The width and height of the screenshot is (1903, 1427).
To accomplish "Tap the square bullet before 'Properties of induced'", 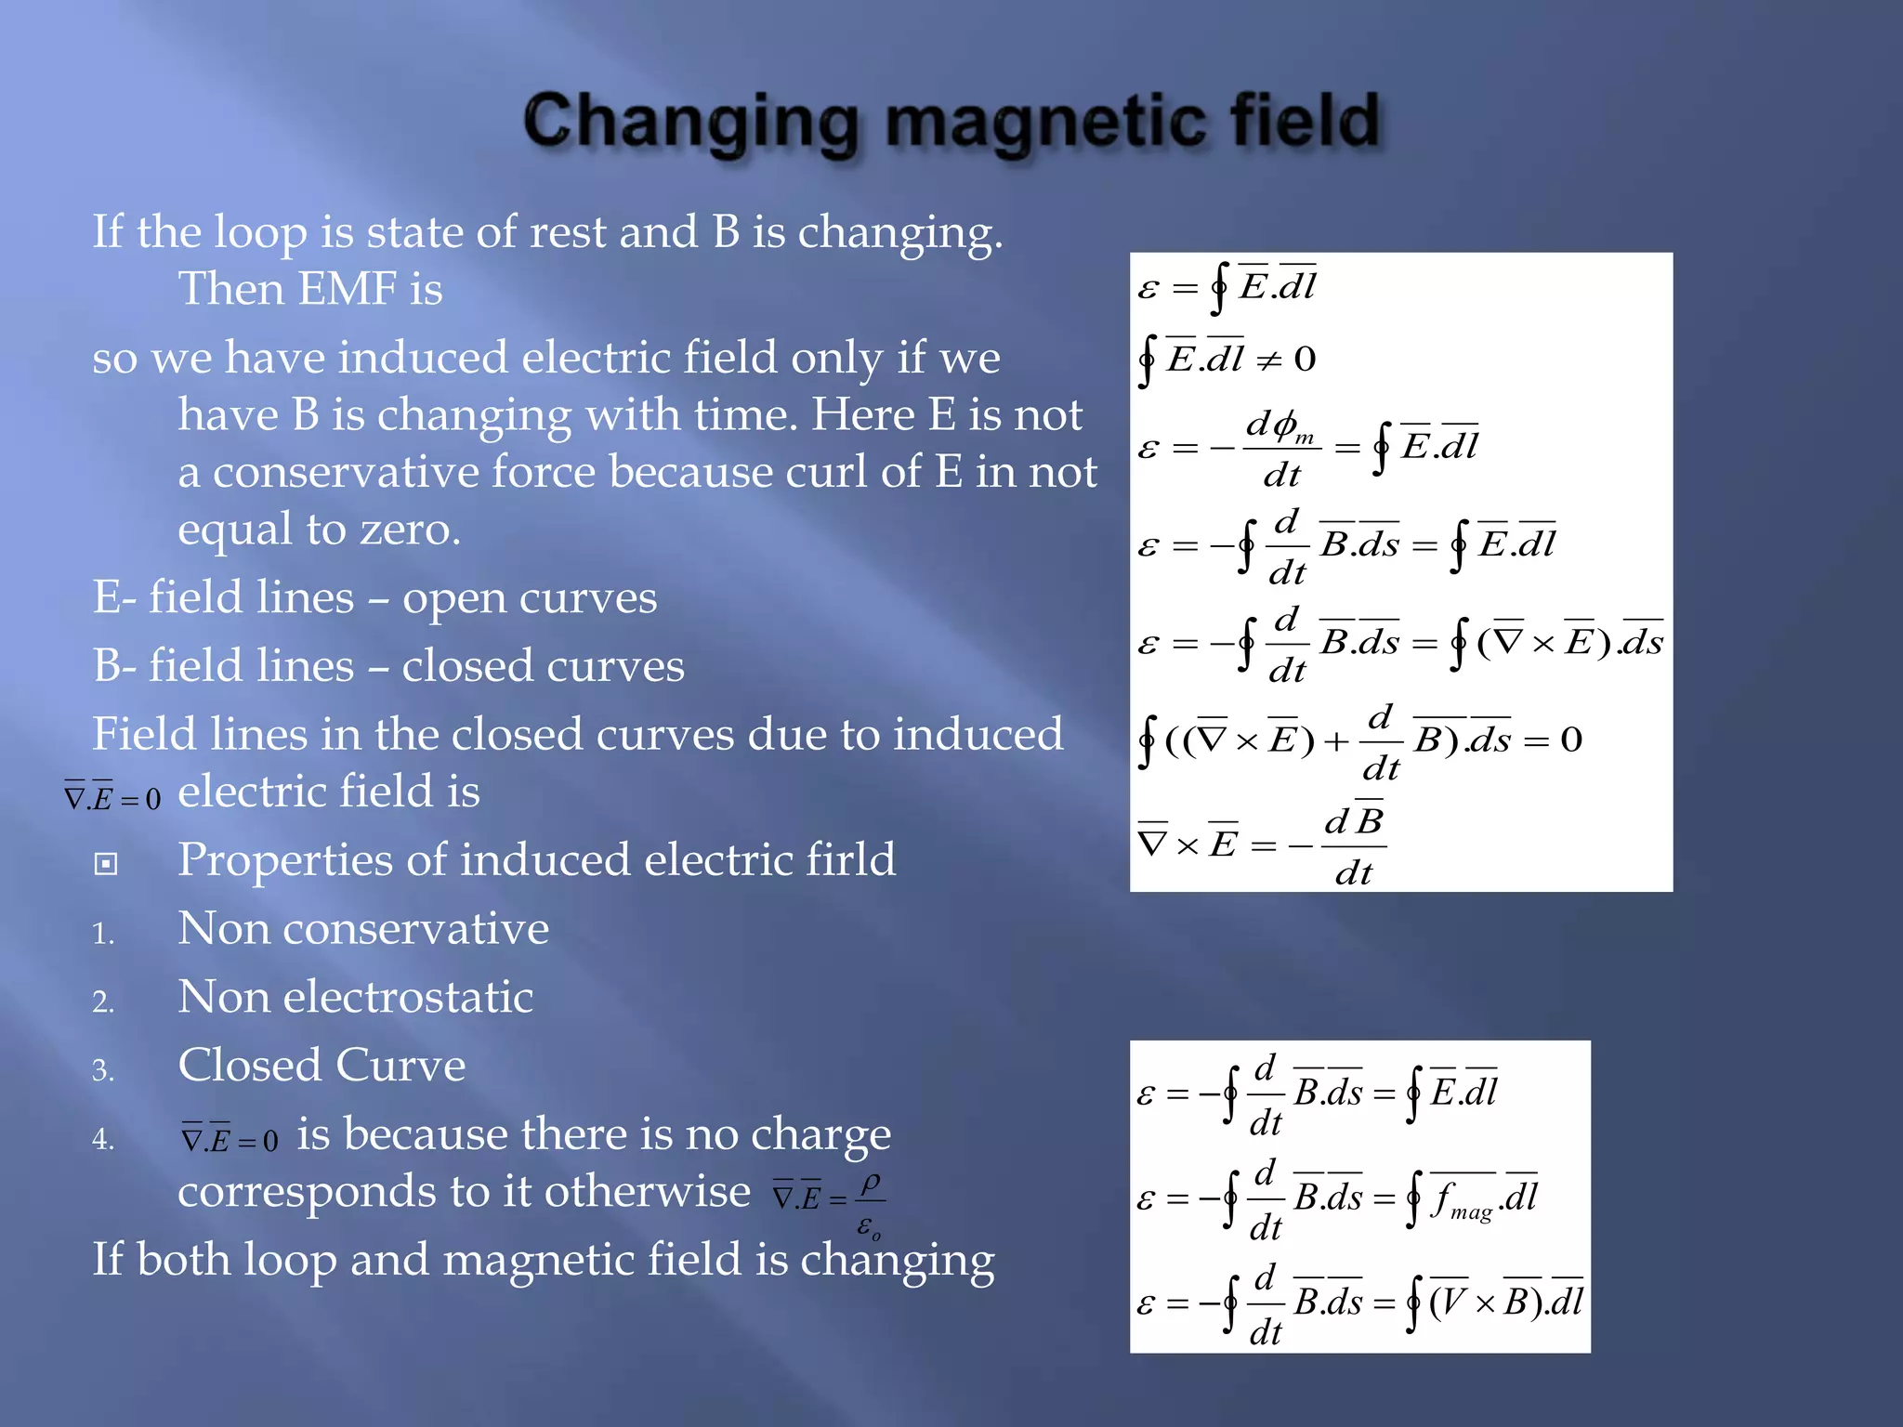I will [x=106, y=864].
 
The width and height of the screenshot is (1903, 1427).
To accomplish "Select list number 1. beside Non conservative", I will [x=103, y=933].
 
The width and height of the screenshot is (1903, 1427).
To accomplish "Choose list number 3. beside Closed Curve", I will [x=103, y=1070].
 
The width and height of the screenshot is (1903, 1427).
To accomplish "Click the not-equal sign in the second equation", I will [x=1268, y=360].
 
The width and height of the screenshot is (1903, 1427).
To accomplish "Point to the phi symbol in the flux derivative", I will [x=1284, y=425].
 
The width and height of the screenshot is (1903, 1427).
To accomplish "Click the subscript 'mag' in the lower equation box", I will [x=1471, y=1211].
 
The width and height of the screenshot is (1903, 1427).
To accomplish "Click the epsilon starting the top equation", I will [x=1148, y=288].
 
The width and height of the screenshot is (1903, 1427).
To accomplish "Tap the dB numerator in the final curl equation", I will [x=1354, y=821].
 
